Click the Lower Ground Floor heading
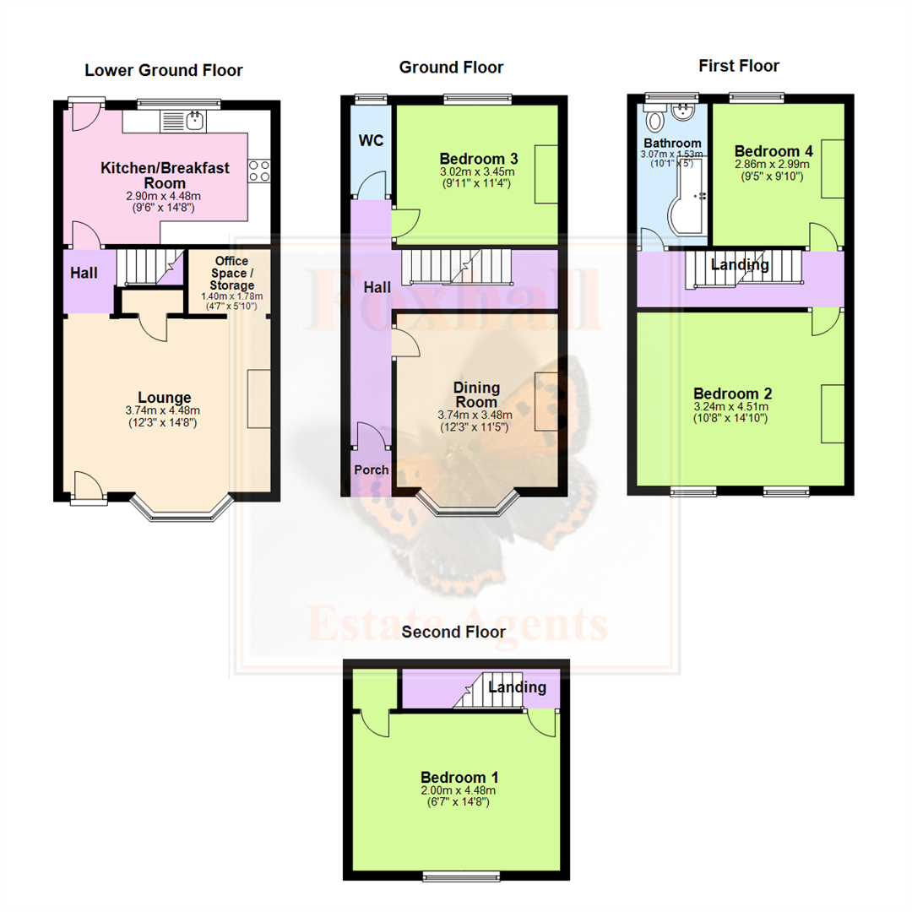164,70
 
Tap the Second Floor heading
453,632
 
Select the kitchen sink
182,121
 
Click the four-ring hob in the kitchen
259,171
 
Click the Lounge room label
165,397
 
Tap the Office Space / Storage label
231,273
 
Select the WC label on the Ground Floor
371,140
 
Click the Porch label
371,470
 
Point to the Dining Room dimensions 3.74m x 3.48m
475,415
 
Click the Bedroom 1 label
459,777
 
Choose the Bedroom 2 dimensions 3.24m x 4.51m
731,406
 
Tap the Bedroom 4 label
774,151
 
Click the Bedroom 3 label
479,159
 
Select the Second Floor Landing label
517,687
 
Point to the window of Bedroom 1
461,876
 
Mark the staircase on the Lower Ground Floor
150,266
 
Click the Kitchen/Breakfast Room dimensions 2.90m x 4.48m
164,197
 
